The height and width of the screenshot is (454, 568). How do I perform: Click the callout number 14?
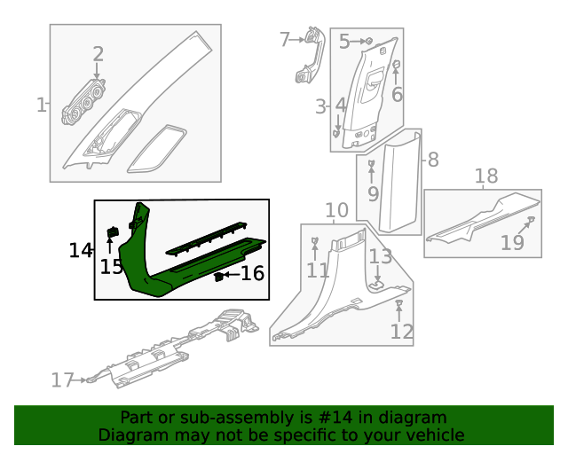tap(81, 251)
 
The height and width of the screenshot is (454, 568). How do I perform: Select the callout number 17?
tap(61, 380)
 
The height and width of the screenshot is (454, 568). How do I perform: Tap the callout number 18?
tap(485, 176)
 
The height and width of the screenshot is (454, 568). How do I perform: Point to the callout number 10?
tap(336, 211)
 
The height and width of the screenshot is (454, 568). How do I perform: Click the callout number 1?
tap(41, 106)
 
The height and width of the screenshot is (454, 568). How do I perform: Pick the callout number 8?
tap(433, 160)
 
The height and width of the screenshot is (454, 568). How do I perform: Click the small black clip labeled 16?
tap(217, 277)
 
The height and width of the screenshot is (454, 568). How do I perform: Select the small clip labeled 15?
tap(113, 232)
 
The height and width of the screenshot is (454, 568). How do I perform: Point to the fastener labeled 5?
tap(368, 41)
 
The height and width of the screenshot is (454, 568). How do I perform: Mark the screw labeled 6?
tap(397, 64)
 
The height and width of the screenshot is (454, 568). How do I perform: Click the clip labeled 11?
tap(315, 241)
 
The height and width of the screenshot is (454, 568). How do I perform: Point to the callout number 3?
tap(320, 107)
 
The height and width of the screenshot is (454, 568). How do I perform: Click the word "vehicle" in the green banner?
tap(434, 435)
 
